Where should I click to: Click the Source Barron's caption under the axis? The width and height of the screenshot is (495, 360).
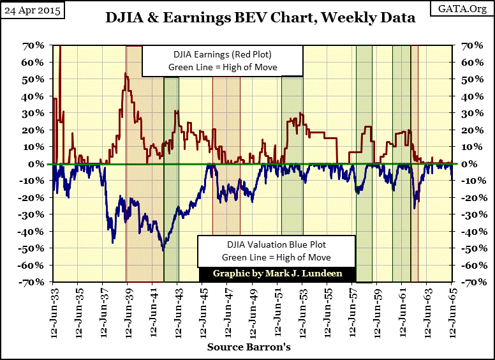[249, 347]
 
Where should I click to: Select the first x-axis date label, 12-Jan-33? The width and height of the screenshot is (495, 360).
[55, 313]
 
